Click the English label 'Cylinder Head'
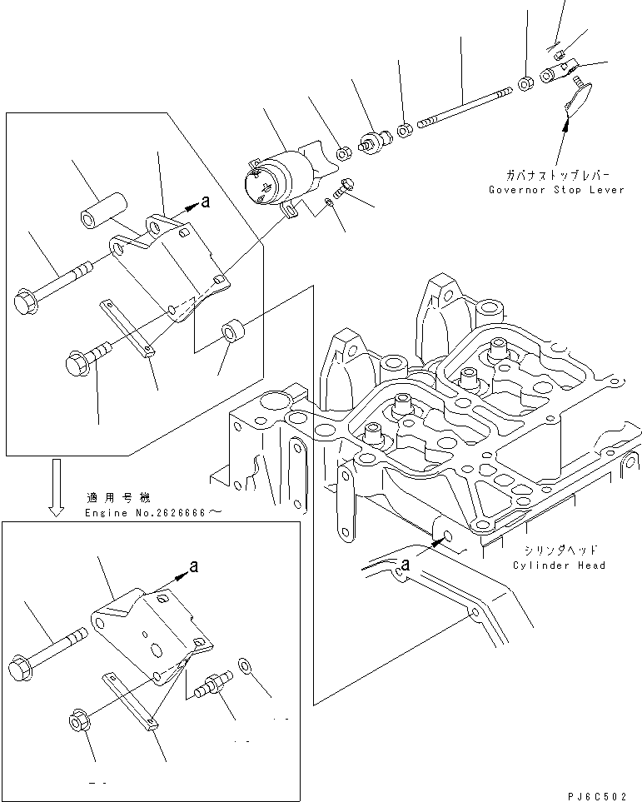pos(560,565)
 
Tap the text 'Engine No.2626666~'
pos(153,513)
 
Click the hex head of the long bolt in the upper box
pos(27,301)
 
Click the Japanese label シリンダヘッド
pos(560,551)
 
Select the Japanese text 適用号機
pos(117,498)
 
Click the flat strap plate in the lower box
pos(132,702)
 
